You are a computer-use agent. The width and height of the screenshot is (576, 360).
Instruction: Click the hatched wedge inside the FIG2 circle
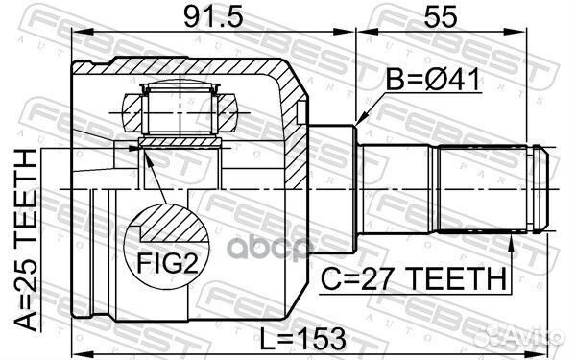(169, 228)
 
